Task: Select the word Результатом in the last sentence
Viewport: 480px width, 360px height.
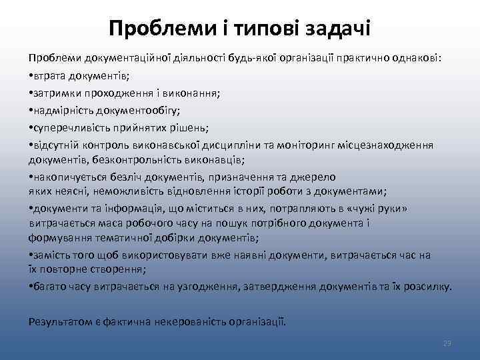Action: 57,321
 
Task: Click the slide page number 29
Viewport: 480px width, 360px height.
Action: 447,343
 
